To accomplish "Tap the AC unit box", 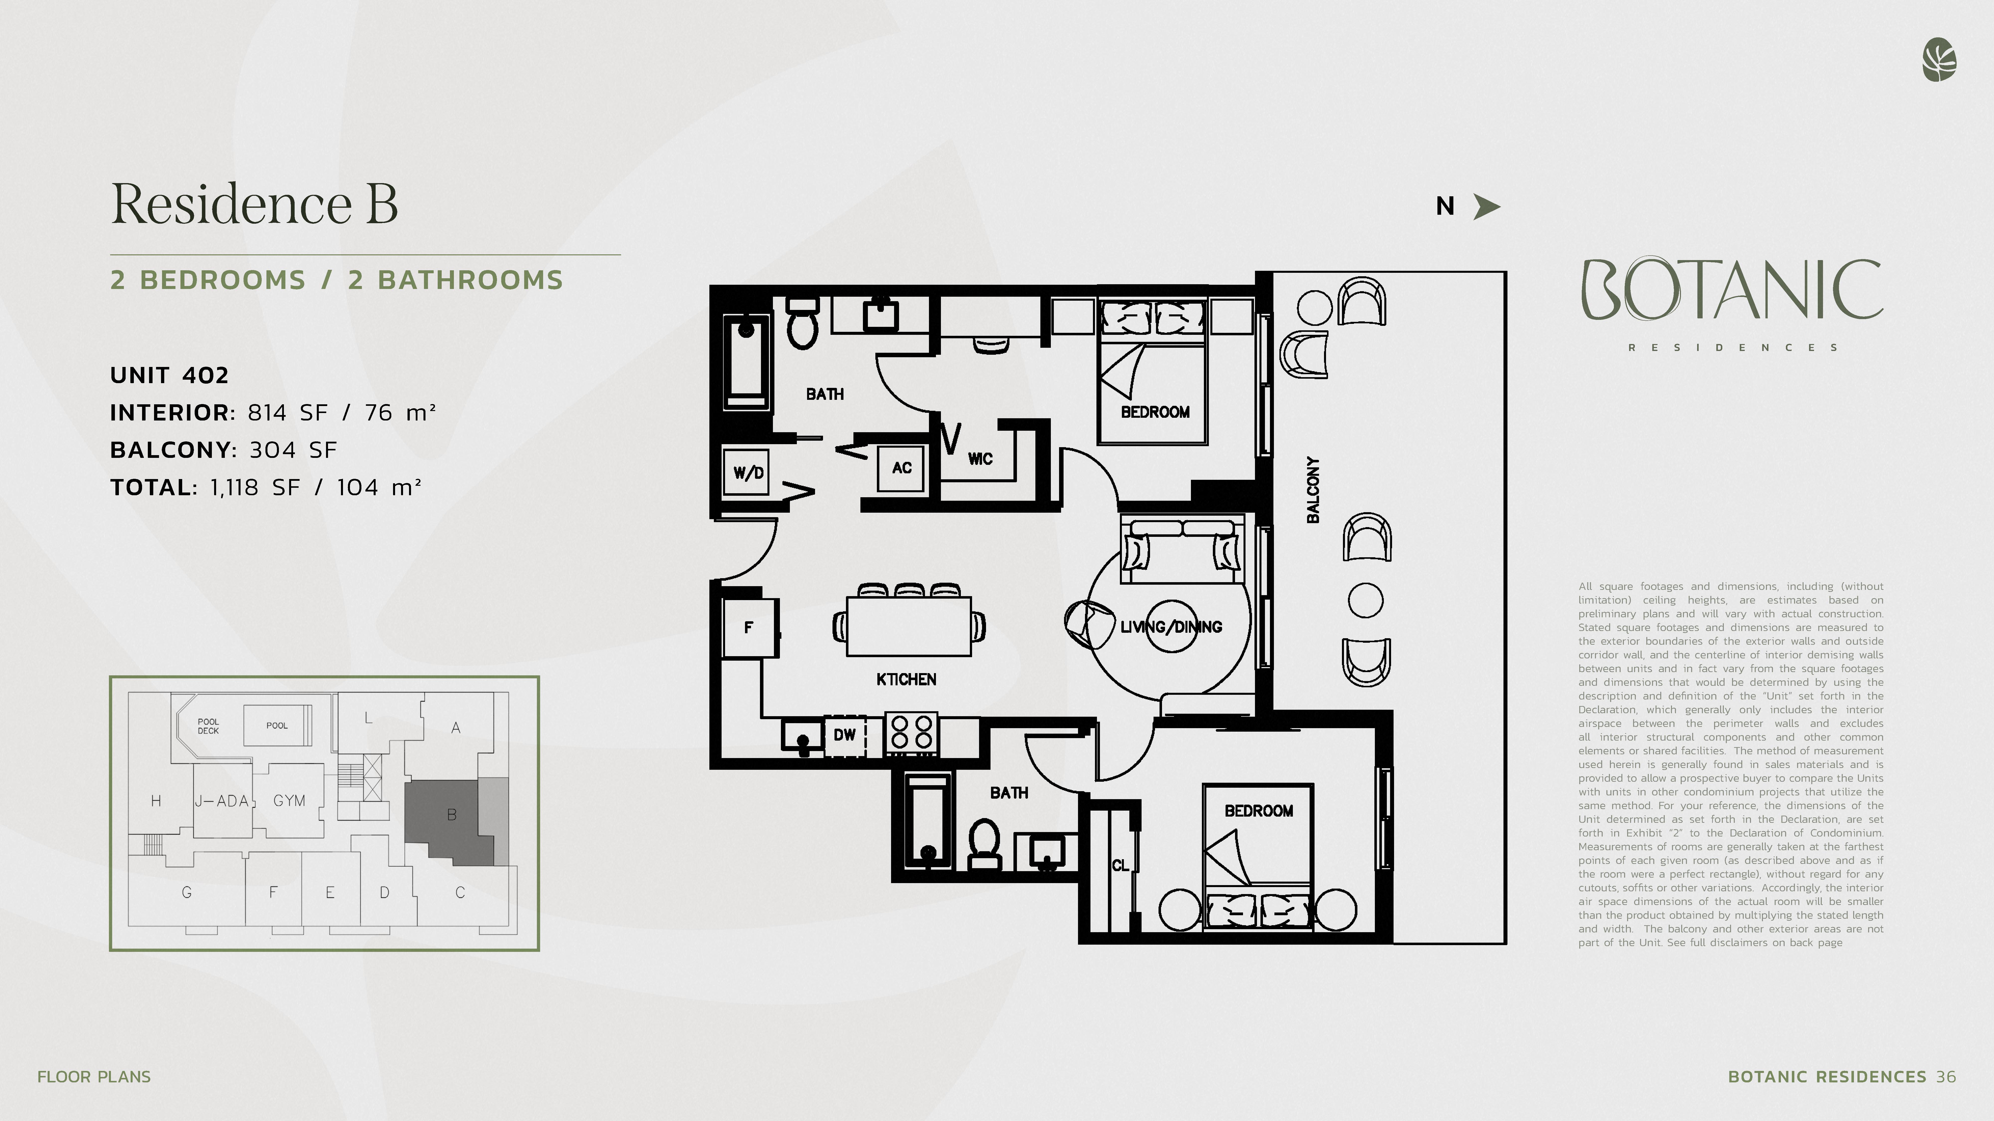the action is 901,468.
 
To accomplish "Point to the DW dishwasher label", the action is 844,735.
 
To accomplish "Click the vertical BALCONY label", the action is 1314,490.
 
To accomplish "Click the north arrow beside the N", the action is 1486,207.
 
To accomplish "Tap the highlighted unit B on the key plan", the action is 449,820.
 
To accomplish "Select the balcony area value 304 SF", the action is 293,450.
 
